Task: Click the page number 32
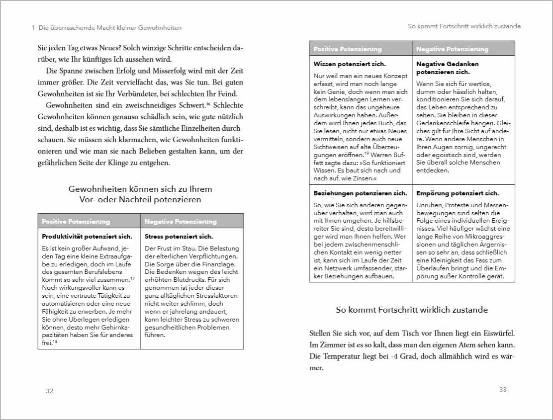[49, 391]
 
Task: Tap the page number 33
[503, 389]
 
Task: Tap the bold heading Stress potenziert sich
[179, 237]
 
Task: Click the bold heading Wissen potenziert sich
[350, 64]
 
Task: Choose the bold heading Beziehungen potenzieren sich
[360, 193]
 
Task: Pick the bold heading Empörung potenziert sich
[458, 193]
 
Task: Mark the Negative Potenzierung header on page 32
[181, 221]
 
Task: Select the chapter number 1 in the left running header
[33, 28]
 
